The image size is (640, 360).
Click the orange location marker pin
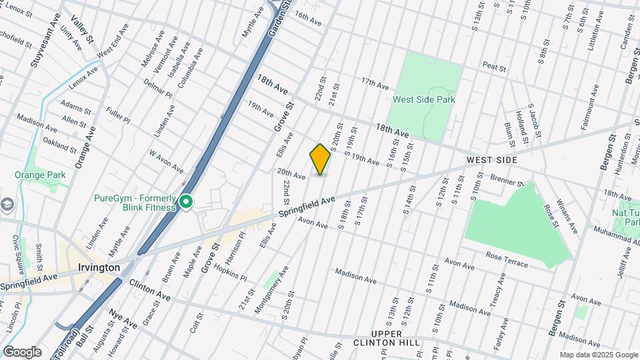coord(320,159)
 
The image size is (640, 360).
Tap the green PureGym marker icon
coord(186,201)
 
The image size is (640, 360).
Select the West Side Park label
coord(424,99)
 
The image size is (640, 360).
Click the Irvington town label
coord(99,267)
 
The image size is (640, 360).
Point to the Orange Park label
coord(37,175)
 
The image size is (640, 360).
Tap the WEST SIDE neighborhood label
coord(492,161)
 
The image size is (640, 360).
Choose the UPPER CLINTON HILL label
coord(396,338)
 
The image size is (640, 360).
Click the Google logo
coord(22,351)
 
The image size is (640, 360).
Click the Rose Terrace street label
coord(507,260)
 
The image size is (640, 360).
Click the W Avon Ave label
coord(165,159)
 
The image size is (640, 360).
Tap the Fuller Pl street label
coord(118,115)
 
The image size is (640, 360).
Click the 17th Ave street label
coord(375,83)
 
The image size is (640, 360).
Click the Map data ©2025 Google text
coord(598,355)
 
